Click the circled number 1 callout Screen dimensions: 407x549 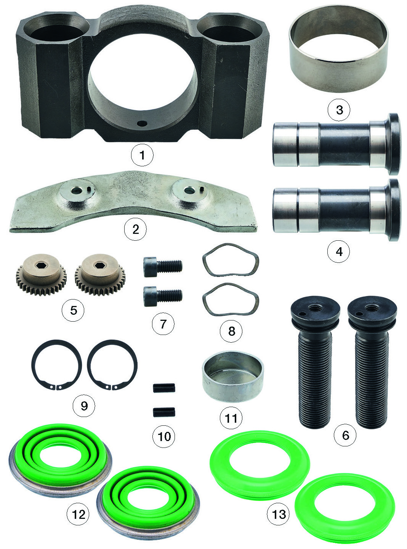point(142,155)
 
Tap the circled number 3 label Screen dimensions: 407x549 point(339,109)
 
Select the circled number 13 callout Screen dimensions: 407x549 point(278,514)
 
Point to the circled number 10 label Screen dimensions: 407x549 point(164,436)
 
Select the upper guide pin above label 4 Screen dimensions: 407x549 point(336,144)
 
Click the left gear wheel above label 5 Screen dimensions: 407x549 point(41,274)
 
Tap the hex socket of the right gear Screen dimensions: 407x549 point(99,265)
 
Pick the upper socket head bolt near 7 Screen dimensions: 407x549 point(163,267)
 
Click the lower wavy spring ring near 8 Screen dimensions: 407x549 point(231,299)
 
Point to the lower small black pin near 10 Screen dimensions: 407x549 point(164,412)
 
